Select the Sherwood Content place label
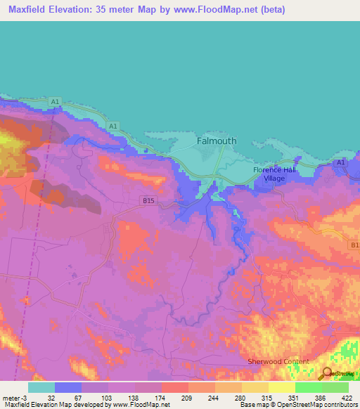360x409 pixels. [x=278, y=361]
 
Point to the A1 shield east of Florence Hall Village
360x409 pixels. [x=340, y=163]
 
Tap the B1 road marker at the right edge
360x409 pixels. [x=354, y=245]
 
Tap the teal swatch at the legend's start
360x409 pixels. [x=41, y=387]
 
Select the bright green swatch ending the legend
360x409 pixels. [x=335, y=387]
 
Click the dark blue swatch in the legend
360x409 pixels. [x=68, y=387]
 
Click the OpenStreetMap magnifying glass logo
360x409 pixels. [x=326, y=373]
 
